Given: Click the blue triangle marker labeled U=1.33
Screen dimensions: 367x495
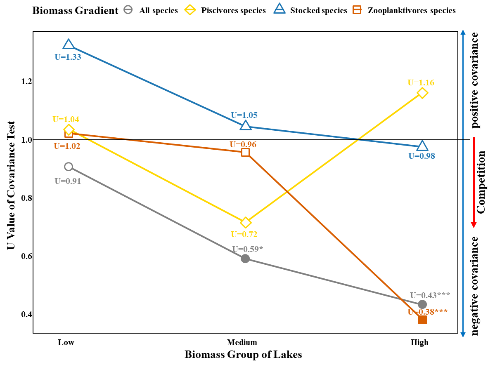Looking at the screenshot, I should coord(69,44).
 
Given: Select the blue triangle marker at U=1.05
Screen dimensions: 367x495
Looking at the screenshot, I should coord(246,125).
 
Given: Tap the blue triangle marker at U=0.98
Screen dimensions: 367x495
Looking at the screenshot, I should coord(422,146).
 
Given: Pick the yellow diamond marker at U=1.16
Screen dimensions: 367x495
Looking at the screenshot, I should coord(422,93).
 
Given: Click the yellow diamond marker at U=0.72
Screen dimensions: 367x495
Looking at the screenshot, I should coord(246,223).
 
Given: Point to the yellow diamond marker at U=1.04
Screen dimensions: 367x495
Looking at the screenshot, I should coord(69,129).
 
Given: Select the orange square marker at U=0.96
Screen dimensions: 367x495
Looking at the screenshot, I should coord(245,152).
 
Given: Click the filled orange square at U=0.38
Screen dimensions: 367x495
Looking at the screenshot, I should coord(422,320).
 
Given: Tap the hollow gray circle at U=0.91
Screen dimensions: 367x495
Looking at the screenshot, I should coord(69,167).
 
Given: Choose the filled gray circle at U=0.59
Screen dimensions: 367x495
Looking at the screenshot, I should coord(245,259).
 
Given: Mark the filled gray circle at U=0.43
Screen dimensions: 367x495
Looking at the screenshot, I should coord(422,304).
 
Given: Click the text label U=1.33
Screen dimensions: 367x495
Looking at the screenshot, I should coord(68,57).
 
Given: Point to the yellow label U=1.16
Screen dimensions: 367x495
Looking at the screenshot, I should coord(421,82).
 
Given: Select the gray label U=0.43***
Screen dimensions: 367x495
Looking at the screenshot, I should coord(430,295).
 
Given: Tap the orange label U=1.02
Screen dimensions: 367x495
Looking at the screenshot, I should coord(67,146).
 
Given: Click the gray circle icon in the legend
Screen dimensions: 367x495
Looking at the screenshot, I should coord(128,9).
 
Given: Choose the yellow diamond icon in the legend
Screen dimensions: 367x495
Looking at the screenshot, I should coord(190,9).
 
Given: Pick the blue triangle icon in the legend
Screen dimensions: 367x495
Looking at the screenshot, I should coord(279,9).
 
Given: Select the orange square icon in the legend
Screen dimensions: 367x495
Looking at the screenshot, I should coord(357,9).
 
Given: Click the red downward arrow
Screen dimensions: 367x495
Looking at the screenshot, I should coord(474,182).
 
